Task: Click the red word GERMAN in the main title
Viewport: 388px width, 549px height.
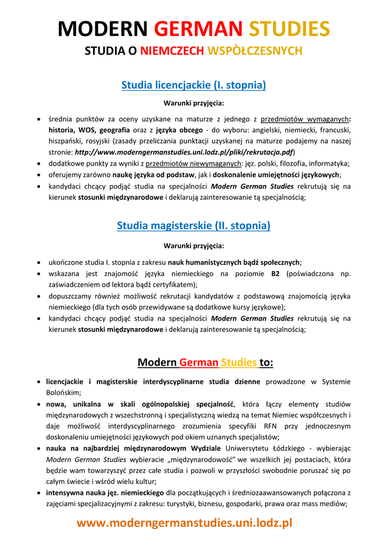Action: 198,29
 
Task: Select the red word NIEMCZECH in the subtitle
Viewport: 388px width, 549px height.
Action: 172,51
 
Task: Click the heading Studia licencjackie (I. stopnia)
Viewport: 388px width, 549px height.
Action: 194,85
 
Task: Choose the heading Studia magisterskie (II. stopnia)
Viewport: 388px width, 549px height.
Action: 194,226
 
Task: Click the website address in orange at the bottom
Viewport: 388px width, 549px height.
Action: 185,523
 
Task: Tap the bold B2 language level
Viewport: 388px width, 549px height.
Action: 275,273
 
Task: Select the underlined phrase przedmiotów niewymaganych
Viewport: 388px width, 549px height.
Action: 193,164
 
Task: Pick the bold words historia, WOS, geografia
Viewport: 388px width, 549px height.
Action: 89,130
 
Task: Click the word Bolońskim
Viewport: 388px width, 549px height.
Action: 63,392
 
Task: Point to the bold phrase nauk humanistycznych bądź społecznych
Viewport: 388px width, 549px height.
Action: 234,262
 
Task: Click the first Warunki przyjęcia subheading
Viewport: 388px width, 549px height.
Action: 194,103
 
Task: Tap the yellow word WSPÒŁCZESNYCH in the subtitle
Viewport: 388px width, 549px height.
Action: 255,51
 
